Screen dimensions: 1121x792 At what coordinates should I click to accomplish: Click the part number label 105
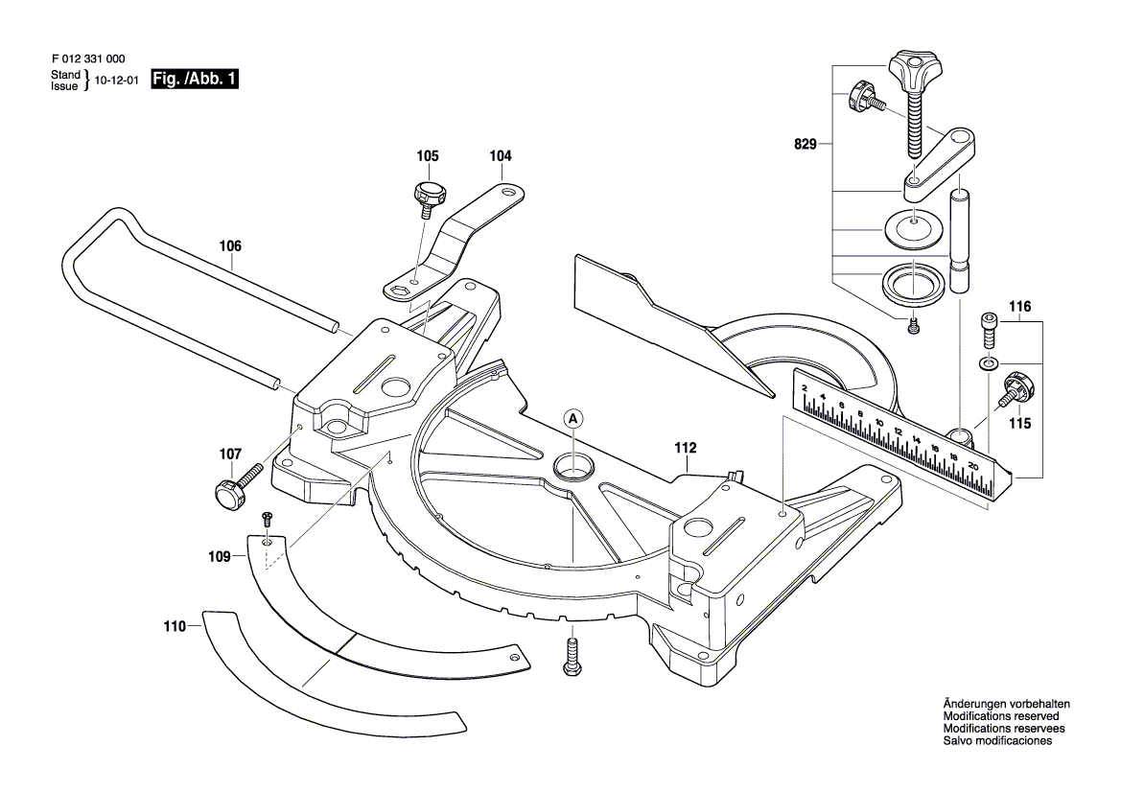pos(428,156)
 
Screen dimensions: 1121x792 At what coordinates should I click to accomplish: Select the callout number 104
pos(501,156)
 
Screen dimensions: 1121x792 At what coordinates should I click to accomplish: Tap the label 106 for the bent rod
pos(230,245)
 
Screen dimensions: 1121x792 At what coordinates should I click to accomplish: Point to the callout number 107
pos(230,454)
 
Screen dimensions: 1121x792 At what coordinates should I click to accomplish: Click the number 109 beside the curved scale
pos(220,557)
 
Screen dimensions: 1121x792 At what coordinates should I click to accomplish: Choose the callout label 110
pos(175,626)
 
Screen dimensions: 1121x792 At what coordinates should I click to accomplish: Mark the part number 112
pos(685,448)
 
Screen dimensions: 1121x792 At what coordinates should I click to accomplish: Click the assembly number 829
pos(805,145)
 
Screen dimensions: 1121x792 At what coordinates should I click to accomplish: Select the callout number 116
pos(1019,307)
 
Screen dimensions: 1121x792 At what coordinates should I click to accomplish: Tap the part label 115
pos(1019,423)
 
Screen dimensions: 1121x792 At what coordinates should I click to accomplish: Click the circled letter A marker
pos(572,419)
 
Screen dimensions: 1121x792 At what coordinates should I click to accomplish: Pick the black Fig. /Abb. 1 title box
pos(195,79)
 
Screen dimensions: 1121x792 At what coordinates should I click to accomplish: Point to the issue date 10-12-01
pos(117,81)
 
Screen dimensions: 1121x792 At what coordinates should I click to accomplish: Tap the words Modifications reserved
pos(1001,716)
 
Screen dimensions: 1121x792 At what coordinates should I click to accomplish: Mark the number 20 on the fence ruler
pos(973,465)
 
